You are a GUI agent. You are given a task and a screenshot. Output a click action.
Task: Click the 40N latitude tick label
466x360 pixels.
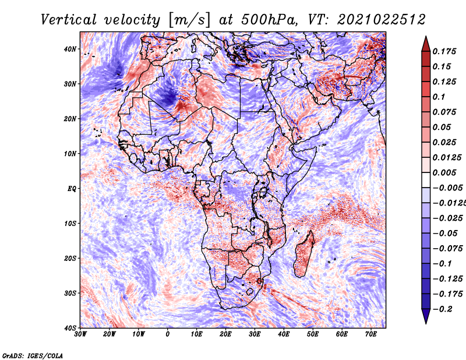(70, 49)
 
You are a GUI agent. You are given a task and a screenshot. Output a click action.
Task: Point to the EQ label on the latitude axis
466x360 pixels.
(72, 189)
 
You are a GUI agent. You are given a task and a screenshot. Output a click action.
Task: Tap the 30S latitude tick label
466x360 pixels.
(70, 293)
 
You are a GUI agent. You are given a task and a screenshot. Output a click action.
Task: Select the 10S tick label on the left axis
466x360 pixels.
(70, 223)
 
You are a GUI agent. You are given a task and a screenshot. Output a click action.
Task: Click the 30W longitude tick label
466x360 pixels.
(80, 334)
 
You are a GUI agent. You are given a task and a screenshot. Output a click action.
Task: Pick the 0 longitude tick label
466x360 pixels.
(168, 334)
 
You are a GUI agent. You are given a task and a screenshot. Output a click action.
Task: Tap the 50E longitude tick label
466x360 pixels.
(313, 334)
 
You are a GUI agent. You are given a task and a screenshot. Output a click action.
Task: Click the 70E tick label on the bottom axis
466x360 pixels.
(371, 334)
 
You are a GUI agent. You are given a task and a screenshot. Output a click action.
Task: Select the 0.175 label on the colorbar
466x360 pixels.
(444, 51)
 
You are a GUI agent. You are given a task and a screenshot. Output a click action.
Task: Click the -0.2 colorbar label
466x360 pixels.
(443, 309)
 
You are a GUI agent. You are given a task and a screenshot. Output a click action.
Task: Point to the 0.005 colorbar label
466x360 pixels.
(444, 172)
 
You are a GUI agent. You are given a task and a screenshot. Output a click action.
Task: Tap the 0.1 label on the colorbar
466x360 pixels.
(439, 97)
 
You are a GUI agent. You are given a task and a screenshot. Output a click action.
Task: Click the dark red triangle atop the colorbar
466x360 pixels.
(426, 44)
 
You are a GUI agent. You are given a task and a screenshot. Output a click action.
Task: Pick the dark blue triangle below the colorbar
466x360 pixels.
(426, 316)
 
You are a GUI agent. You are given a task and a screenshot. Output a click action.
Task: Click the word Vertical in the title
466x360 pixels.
(69, 20)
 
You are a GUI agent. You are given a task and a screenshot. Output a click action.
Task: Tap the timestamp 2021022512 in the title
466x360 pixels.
(382, 20)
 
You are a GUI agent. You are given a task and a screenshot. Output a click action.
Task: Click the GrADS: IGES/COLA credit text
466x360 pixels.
(33, 356)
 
